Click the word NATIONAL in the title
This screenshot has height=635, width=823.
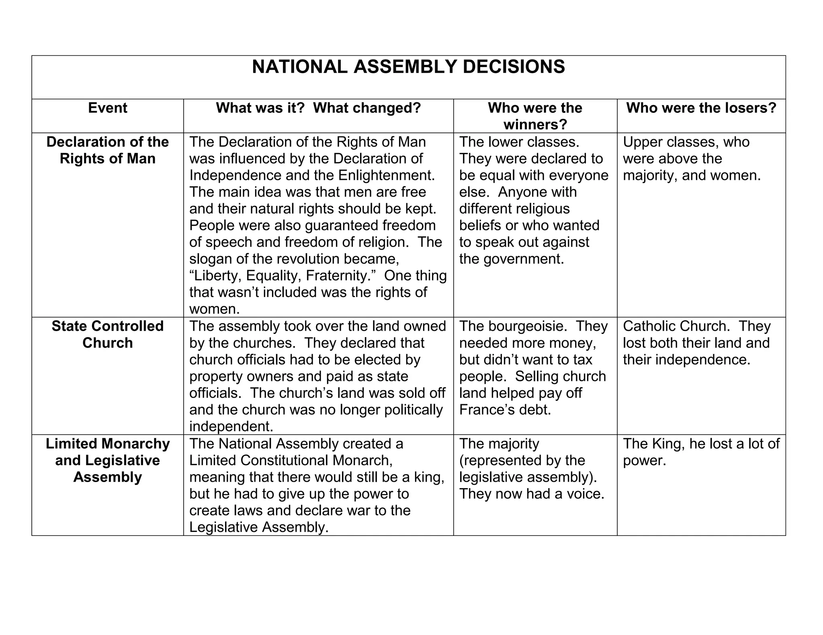point(299,67)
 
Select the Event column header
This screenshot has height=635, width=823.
point(107,108)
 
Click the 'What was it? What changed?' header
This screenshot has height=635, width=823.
point(318,108)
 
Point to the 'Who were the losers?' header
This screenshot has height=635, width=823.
point(701,108)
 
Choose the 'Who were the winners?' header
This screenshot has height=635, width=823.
point(535,116)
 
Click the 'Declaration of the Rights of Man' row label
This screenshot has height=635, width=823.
point(107,150)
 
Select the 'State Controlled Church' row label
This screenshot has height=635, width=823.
point(107,334)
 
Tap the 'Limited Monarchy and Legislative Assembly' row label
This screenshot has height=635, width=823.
point(107,460)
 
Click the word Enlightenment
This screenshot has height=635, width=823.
point(386,175)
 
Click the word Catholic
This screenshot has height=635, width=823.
point(649,326)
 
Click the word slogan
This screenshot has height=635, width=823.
point(210,259)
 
